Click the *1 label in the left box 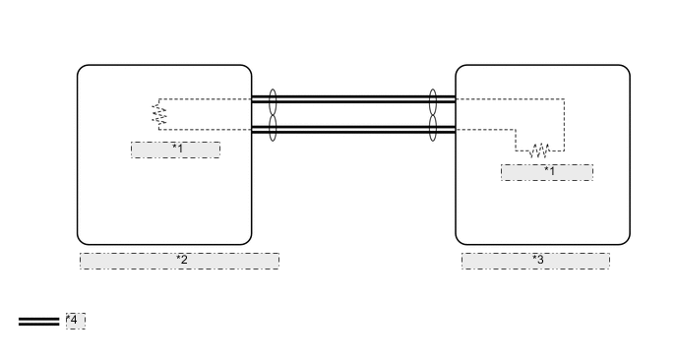pyautogui.click(x=176, y=150)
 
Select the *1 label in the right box pyautogui.click(x=547, y=172)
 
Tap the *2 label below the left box pyautogui.click(x=180, y=261)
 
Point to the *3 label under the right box pyautogui.click(x=536, y=261)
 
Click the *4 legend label pyautogui.click(x=76, y=321)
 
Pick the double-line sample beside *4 pyautogui.click(x=38, y=322)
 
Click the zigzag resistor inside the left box pyautogui.click(x=158, y=114)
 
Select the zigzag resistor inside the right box pyautogui.click(x=538, y=150)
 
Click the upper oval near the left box pyautogui.click(x=273, y=100)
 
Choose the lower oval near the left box pyautogui.click(x=273, y=128)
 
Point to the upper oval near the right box pyautogui.click(x=433, y=100)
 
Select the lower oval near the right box pyautogui.click(x=433, y=128)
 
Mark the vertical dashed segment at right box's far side pyautogui.click(x=564, y=124)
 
